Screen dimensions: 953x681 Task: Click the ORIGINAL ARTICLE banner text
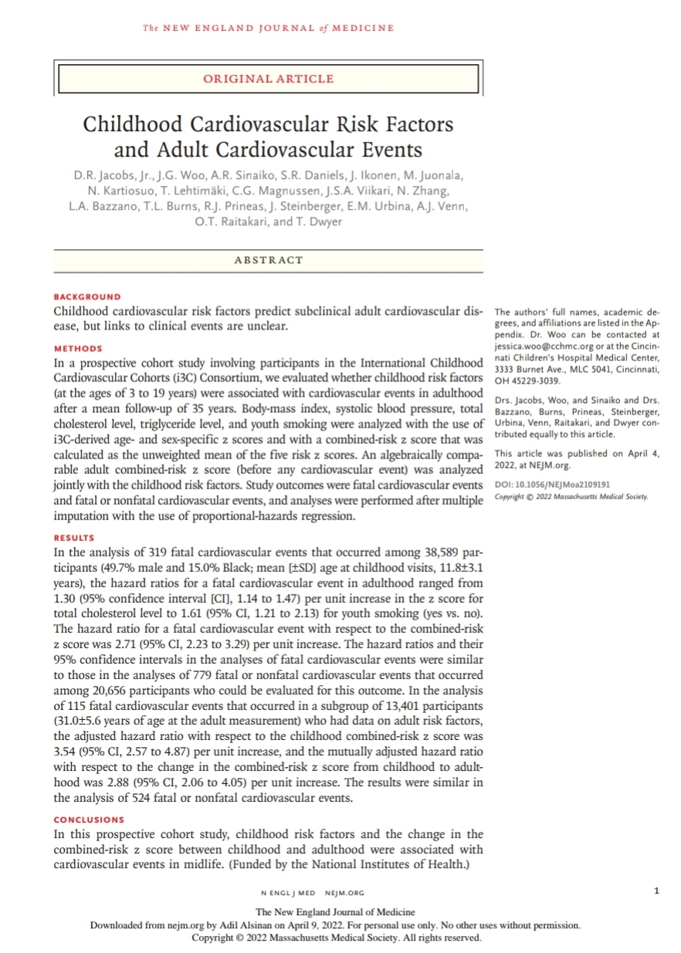(x=268, y=79)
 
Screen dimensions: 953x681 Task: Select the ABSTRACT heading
(x=268, y=260)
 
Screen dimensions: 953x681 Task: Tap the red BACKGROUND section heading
(x=87, y=296)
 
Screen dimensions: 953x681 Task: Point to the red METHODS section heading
(x=78, y=348)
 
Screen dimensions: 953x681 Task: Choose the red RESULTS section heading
(x=74, y=537)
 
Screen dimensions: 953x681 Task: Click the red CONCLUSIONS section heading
(x=89, y=820)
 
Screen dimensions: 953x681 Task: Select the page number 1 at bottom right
(x=656, y=892)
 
